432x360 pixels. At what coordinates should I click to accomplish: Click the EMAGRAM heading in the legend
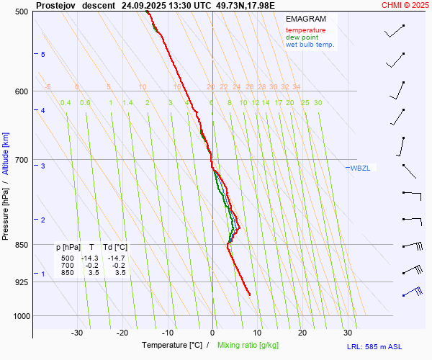305,19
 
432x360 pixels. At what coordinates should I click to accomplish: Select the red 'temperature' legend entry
305,30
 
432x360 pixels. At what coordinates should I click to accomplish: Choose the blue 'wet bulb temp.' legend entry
310,45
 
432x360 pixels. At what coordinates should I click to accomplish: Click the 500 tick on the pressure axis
22,12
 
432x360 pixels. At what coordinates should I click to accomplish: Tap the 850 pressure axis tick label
22,245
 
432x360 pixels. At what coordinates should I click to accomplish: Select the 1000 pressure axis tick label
20,315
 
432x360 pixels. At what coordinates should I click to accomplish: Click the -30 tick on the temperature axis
77,333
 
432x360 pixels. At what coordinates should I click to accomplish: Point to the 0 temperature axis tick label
212,333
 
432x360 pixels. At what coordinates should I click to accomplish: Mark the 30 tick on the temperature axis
347,333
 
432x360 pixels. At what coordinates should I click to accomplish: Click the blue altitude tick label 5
43,55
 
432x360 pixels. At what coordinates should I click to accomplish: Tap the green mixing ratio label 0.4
66,103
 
